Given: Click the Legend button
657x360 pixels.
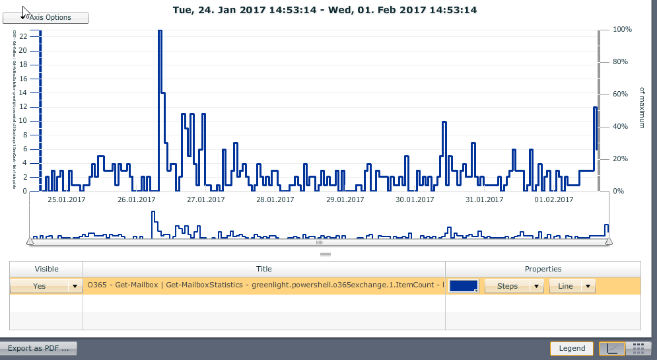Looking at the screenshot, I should (x=572, y=348).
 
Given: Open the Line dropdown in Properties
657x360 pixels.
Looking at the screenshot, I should (x=572, y=286).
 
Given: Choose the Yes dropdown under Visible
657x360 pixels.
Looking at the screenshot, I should (x=46, y=286).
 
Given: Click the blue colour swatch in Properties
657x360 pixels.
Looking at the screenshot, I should (x=463, y=285).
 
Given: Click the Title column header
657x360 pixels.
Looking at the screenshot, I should (x=264, y=269).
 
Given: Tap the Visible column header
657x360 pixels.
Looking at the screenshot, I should (x=46, y=269).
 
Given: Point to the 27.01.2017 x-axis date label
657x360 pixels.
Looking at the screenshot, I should (x=206, y=199).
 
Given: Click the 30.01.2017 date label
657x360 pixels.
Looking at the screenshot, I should (x=414, y=199).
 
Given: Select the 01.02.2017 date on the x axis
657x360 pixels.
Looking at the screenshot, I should (x=553, y=199).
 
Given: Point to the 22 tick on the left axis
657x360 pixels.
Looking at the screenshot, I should (x=23, y=36).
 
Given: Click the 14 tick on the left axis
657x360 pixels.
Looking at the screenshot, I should (x=23, y=92).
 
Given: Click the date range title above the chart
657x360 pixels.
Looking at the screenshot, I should (x=325, y=10).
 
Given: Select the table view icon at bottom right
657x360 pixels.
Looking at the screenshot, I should (x=639, y=348).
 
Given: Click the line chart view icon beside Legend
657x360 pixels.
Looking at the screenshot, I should (x=613, y=348).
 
